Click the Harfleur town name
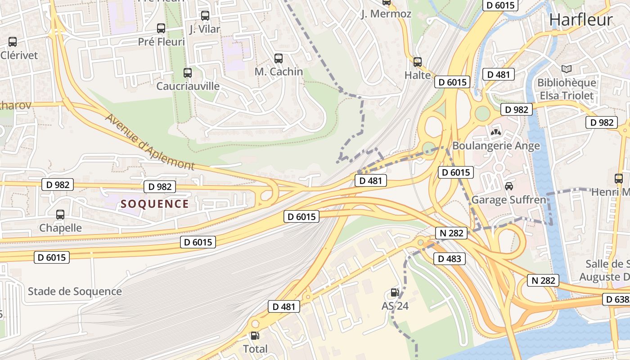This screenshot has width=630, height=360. (580, 20)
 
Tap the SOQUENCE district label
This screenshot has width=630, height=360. (155, 204)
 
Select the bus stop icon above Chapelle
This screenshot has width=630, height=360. (60, 215)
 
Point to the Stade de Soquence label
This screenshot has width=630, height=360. (75, 291)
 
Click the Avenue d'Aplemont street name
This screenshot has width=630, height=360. (150, 142)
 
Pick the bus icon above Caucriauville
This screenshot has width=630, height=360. (188, 72)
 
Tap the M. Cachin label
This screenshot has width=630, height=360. (279, 72)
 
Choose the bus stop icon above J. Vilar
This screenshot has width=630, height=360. (205, 16)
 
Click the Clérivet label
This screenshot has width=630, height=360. (19, 55)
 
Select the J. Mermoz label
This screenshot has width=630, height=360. (386, 14)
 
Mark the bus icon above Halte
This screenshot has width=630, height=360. (418, 62)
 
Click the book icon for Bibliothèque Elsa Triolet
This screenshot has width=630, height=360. (567, 69)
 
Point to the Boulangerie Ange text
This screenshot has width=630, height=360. (496, 146)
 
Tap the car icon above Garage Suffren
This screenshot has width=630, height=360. (509, 186)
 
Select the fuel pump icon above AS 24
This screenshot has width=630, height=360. (395, 292)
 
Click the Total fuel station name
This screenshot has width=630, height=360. (255, 349)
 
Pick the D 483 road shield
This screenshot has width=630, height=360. (449, 258)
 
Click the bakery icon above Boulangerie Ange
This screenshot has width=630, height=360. (496, 132)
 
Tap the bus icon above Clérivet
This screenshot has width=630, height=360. (13, 42)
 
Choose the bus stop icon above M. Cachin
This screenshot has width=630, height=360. (279, 58)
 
